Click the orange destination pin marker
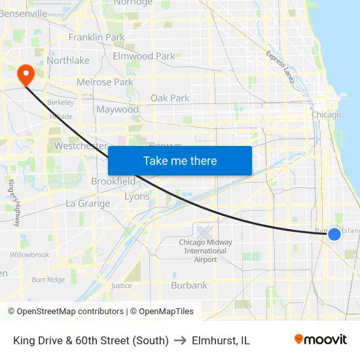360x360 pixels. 26,74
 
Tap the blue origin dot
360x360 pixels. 334,234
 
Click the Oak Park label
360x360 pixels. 170,98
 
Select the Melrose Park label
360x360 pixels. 105,82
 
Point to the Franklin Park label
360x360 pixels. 96,37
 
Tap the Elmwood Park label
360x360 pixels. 144,56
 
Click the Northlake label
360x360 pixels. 67,61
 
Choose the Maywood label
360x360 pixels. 117,110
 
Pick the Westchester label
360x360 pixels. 81,146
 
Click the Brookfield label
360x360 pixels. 113,181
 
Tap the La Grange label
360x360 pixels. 88,204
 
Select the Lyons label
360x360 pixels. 137,196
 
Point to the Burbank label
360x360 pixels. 189,285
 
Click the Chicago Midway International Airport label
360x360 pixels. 206,251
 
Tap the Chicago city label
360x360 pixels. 326,115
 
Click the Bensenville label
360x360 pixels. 24,13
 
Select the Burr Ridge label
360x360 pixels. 48,279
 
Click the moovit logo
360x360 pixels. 321,340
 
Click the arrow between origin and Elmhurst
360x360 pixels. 180,340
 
